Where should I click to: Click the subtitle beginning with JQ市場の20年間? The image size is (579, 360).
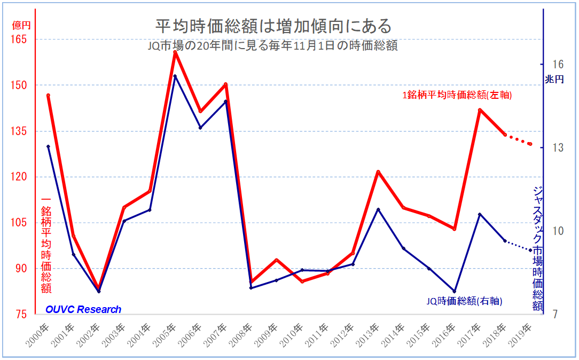(x=273, y=46)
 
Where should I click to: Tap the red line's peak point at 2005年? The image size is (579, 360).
(x=175, y=52)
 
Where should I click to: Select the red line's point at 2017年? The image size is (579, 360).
(x=480, y=110)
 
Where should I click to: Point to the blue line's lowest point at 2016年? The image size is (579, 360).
(x=455, y=291)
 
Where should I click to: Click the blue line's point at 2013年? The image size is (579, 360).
(x=378, y=209)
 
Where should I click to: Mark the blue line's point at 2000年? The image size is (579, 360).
(x=48, y=146)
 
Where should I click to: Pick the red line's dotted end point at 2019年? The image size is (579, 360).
(x=530, y=144)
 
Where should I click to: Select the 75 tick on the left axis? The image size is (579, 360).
(x=23, y=314)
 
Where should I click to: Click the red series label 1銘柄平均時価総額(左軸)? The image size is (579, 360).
(x=458, y=96)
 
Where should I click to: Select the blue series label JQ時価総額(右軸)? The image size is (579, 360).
(x=464, y=301)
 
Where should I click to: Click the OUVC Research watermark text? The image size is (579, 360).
(x=83, y=309)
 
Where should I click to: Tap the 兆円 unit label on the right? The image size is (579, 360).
(x=554, y=80)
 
